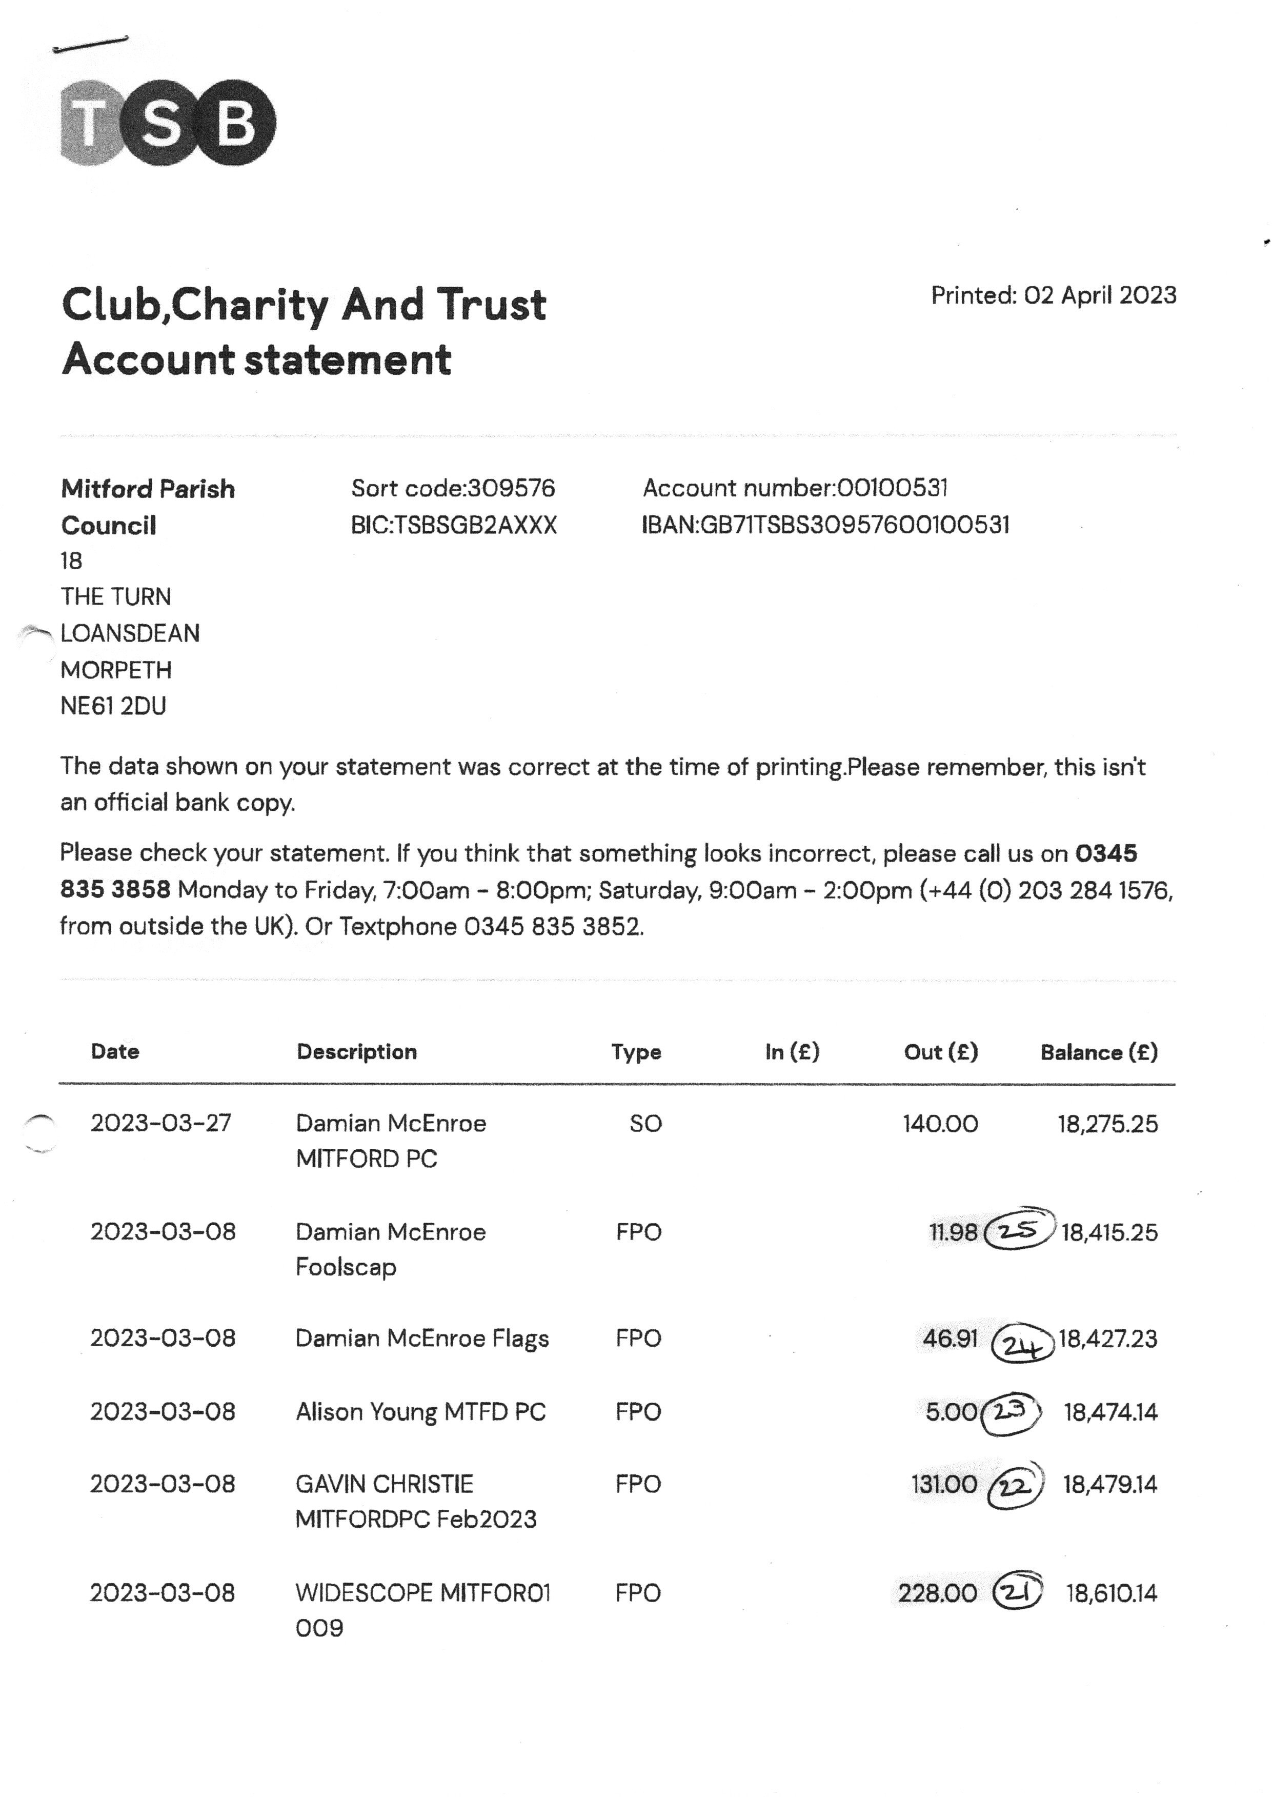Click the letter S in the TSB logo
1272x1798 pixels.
(161, 123)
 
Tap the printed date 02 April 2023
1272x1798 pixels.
(1100, 295)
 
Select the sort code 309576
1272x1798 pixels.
(511, 488)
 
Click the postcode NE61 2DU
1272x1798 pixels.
(114, 706)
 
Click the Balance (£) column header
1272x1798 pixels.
(1098, 1052)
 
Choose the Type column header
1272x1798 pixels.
(636, 1052)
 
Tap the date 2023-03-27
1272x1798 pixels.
(161, 1123)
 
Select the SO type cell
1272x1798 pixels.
(645, 1124)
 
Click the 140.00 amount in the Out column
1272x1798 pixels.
(940, 1124)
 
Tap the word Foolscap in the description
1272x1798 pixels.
(346, 1267)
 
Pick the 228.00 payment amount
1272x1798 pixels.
(938, 1593)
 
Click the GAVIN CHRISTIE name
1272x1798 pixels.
(385, 1484)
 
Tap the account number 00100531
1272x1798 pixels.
(892, 488)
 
